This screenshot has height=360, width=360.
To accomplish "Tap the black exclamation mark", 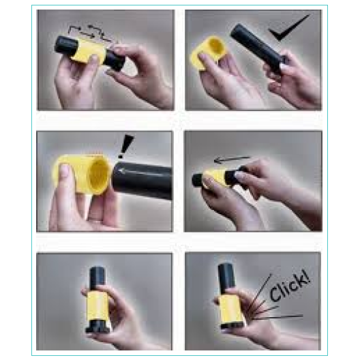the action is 125,146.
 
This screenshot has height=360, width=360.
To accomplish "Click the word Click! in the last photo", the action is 290,286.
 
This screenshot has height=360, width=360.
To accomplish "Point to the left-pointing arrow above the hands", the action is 232,160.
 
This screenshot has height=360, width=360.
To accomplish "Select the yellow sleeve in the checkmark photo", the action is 208,52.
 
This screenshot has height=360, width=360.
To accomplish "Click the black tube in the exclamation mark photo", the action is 142,180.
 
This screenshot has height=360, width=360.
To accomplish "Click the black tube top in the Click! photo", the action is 226,278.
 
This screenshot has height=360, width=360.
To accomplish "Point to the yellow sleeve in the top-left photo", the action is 89,51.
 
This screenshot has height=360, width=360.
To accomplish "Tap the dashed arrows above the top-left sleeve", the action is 92,33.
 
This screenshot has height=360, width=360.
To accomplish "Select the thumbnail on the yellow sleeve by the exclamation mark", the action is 64,170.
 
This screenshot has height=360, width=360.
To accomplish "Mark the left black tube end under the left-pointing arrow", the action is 198,180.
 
